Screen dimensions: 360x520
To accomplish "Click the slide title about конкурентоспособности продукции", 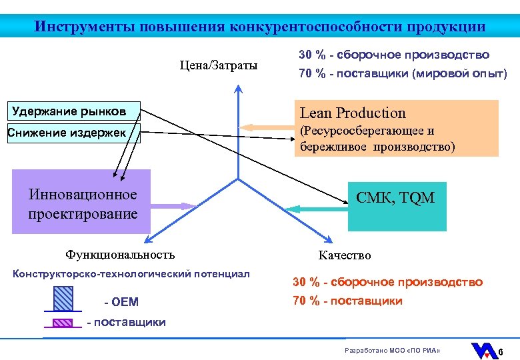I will point(260,27).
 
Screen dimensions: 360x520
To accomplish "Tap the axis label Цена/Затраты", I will point(218,65).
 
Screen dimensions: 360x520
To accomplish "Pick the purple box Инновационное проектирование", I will point(82,203).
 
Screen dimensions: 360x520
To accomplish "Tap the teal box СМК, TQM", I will point(395,198).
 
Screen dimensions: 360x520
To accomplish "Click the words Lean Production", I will point(353,113).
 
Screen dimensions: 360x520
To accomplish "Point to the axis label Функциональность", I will point(120,254).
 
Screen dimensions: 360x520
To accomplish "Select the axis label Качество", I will point(345,255).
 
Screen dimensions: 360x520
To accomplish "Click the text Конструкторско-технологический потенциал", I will point(131,273).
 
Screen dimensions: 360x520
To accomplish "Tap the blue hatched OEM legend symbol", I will point(63,298).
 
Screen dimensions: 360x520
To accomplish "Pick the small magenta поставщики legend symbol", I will point(63,323).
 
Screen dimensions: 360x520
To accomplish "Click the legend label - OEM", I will point(121,302).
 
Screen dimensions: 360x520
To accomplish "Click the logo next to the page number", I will point(483,351).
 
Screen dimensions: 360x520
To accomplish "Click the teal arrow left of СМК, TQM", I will point(316,209).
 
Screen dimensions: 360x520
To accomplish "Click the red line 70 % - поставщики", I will point(347,301).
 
